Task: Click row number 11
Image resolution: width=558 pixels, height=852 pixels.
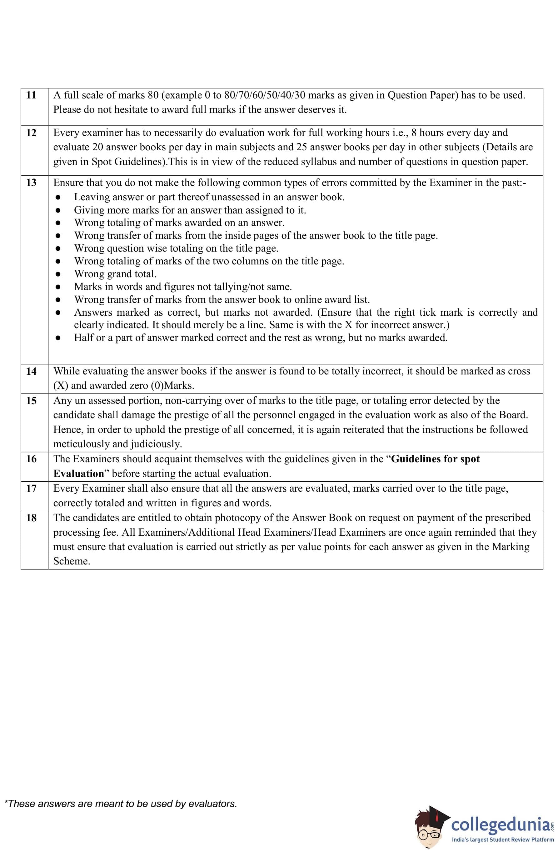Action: [31, 95]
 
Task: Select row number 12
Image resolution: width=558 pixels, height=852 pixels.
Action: [31, 133]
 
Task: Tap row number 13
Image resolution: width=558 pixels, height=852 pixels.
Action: [31, 183]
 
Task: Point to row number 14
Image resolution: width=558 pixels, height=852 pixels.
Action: [31, 371]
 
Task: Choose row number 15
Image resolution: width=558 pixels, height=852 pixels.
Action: [31, 401]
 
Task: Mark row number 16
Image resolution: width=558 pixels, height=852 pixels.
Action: [31, 459]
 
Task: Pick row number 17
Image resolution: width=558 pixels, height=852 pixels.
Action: [31, 488]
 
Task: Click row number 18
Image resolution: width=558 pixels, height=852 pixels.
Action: [31, 518]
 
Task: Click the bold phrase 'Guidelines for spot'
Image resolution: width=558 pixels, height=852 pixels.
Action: [435, 459]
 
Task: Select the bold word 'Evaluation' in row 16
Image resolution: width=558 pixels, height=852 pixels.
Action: [78, 474]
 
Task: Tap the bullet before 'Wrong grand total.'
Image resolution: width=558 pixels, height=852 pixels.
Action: [58, 274]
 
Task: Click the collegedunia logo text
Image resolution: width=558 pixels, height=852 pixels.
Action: [501, 825]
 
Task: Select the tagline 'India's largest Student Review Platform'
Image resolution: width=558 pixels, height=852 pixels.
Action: [502, 839]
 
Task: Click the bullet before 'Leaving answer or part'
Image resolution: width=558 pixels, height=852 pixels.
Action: [58, 197]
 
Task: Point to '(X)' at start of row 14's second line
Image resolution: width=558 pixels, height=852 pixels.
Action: [61, 386]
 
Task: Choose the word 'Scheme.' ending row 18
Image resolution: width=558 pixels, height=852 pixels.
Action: [72, 561]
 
